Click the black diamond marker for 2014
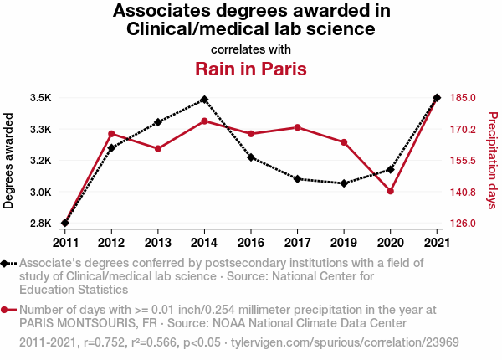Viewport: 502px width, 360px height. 204,100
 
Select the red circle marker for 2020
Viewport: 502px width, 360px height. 391,191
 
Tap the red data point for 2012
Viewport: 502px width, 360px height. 111,134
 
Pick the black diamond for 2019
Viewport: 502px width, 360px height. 344,183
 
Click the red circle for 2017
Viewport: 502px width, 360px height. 297,127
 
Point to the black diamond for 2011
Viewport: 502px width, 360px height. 65,223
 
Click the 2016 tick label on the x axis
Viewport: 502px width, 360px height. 251,242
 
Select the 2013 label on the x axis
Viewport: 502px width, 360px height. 158,242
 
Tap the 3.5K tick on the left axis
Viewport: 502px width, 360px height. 40,98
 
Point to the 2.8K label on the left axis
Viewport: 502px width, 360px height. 40,224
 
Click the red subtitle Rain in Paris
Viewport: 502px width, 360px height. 251,69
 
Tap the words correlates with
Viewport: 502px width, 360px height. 251,49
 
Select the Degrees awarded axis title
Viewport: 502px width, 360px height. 9,161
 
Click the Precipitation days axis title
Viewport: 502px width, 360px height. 492,161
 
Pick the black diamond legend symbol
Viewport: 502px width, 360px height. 7,264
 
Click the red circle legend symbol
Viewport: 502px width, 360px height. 7,310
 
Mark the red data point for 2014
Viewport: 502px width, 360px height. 204,121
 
